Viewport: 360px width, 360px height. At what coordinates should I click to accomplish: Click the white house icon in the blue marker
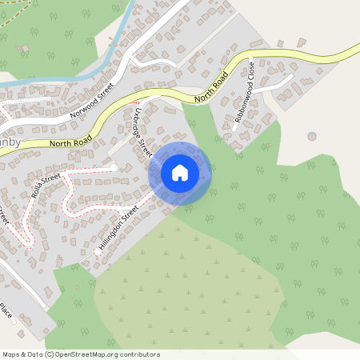[180, 173]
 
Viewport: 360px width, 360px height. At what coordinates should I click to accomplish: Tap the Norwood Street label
[93, 99]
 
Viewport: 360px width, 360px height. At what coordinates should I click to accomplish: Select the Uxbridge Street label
[138, 133]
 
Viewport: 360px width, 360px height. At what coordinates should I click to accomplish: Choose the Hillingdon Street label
[118, 228]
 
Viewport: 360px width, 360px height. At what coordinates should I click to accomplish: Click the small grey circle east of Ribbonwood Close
[311, 137]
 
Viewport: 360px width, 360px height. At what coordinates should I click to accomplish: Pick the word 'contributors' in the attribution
[142, 354]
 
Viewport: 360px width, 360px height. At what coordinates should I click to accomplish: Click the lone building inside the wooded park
[26, 49]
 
